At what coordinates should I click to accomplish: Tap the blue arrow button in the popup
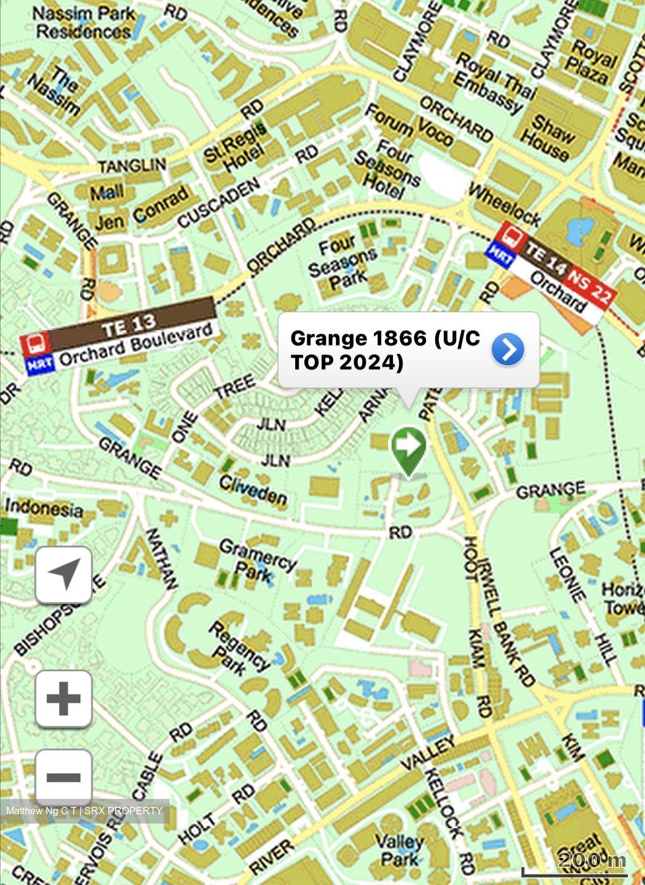(x=508, y=350)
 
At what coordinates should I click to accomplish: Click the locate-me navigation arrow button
(x=64, y=575)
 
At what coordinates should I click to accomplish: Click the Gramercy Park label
(x=257, y=560)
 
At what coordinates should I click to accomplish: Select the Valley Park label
(x=399, y=849)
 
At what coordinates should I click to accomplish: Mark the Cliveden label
(x=253, y=490)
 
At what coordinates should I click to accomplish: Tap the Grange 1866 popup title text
(x=384, y=350)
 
